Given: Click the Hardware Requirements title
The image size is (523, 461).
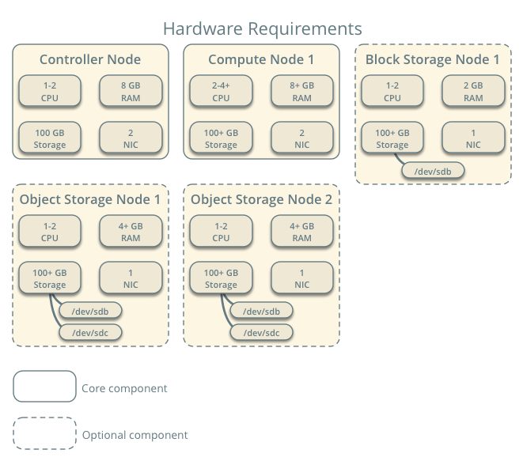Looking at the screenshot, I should coord(262,29).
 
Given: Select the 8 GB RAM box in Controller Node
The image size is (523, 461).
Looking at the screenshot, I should coord(131,92).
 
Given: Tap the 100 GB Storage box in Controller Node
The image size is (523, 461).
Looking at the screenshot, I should coord(49,138).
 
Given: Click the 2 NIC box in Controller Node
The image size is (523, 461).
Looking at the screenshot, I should coord(131,138).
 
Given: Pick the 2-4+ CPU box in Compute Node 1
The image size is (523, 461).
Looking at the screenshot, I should coord(221,92).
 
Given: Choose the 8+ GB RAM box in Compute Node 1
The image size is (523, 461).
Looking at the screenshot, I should coord(302,92).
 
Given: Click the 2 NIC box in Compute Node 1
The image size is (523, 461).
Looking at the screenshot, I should coord(302,138).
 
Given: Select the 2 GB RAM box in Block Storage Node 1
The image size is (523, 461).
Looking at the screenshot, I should coord(473,92).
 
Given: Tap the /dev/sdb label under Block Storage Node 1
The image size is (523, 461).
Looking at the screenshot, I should coord(432,170).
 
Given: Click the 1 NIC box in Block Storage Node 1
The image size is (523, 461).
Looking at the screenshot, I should coord(473,138).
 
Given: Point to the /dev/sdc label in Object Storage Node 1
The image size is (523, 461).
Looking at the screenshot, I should coord(89,332).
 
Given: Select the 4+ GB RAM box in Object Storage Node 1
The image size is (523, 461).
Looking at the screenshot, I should coord(131,232).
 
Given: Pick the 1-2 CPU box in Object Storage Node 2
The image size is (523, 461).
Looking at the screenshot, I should coord(221,232).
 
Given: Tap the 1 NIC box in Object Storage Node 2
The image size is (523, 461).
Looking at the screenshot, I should coord(302,278).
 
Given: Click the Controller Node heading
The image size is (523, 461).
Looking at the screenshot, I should coord(90,60).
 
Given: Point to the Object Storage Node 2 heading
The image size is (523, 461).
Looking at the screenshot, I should coord(262,200).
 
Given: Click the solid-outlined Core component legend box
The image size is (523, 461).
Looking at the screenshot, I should coord(44,387).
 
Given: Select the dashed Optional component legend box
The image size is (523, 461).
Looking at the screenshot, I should coord(44,433).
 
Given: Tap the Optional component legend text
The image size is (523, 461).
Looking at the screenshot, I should coord(135,435).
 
